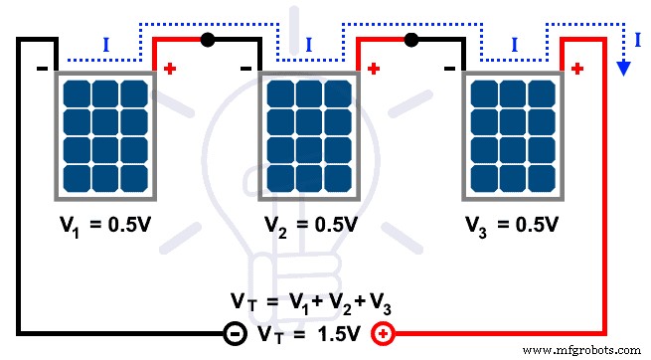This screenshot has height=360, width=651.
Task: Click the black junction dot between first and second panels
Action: click(207, 41)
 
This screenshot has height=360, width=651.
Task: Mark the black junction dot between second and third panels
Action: click(409, 41)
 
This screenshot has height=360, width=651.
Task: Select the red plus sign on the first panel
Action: click(169, 70)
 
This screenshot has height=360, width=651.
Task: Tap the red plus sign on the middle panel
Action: click(373, 70)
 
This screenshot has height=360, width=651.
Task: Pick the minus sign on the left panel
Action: click(43, 70)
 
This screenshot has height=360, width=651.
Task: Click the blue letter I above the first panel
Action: click(106, 45)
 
